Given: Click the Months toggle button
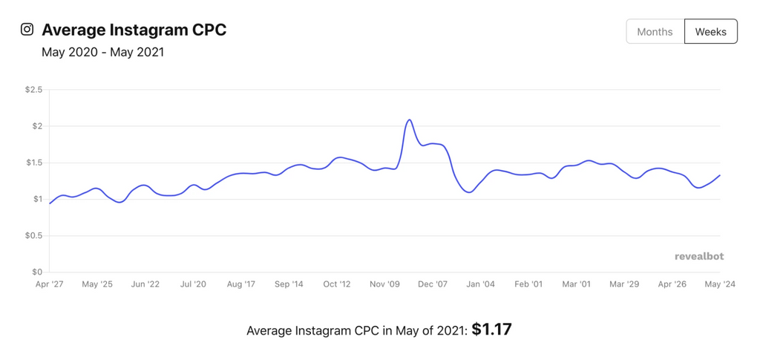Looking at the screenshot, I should click(x=655, y=32).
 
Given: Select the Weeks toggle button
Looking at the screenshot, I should click(x=710, y=32).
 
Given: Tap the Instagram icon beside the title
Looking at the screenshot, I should click(x=27, y=30).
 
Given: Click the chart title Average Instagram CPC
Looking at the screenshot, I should click(x=134, y=30).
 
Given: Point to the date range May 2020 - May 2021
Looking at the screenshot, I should click(x=102, y=53).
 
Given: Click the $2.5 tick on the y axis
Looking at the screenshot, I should click(x=34, y=90).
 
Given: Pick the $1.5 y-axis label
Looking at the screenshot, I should click(x=34, y=163).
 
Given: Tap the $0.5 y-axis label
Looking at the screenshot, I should click(x=34, y=235).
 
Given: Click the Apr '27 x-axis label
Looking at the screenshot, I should click(x=49, y=284).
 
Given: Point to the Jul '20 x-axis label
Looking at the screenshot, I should click(x=193, y=284).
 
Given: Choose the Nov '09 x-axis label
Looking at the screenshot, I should click(x=384, y=284).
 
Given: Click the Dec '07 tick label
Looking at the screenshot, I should click(x=432, y=284).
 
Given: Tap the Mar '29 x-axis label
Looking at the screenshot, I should click(x=624, y=284).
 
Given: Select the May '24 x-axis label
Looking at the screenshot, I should click(x=719, y=284).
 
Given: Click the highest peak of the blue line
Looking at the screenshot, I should click(x=409, y=120).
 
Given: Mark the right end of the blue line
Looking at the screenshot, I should click(x=720, y=175).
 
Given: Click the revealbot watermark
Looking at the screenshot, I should click(x=698, y=256).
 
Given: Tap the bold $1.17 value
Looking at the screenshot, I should click(x=491, y=330).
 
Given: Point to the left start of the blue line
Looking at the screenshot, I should click(x=50, y=203).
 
